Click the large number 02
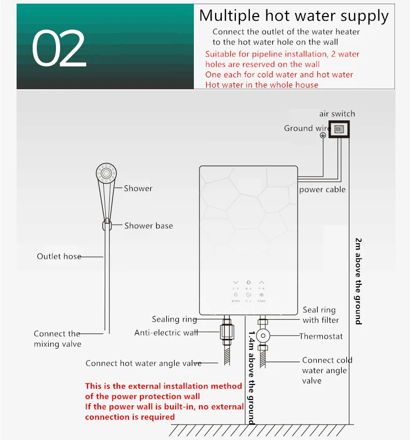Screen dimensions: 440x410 point(59,49)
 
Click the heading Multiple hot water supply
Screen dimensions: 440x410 point(293,16)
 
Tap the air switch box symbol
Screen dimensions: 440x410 point(339,129)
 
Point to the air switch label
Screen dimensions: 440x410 point(337,114)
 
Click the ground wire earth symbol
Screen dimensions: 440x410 point(322,135)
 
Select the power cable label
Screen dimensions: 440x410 point(322,190)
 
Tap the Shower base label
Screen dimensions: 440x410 point(148,226)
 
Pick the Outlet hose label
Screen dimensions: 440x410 point(59,256)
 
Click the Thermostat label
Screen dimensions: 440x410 point(321,336)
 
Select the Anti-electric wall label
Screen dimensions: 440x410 point(166,333)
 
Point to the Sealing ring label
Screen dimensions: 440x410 point(174,319)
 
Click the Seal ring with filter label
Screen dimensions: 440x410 point(320,315)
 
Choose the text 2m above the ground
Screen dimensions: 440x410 point(358,281)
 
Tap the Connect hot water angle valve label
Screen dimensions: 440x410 point(143,363)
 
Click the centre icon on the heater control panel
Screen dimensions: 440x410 point(248,295)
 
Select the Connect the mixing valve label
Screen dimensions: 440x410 point(57,339)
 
